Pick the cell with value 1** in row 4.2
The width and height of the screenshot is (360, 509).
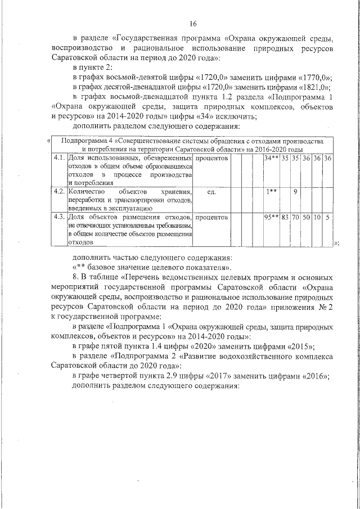click(272, 192)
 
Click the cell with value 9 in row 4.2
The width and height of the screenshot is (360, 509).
click(295, 192)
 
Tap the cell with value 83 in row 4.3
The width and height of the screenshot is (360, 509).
click(286, 216)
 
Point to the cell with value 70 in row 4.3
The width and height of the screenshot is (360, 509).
click(295, 216)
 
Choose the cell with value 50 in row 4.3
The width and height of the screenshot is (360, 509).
click(306, 216)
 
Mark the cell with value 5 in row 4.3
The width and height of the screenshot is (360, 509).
click(327, 216)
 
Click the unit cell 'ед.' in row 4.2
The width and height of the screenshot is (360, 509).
click(212, 192)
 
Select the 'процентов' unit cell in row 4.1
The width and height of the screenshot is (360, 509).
click(212, 159)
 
